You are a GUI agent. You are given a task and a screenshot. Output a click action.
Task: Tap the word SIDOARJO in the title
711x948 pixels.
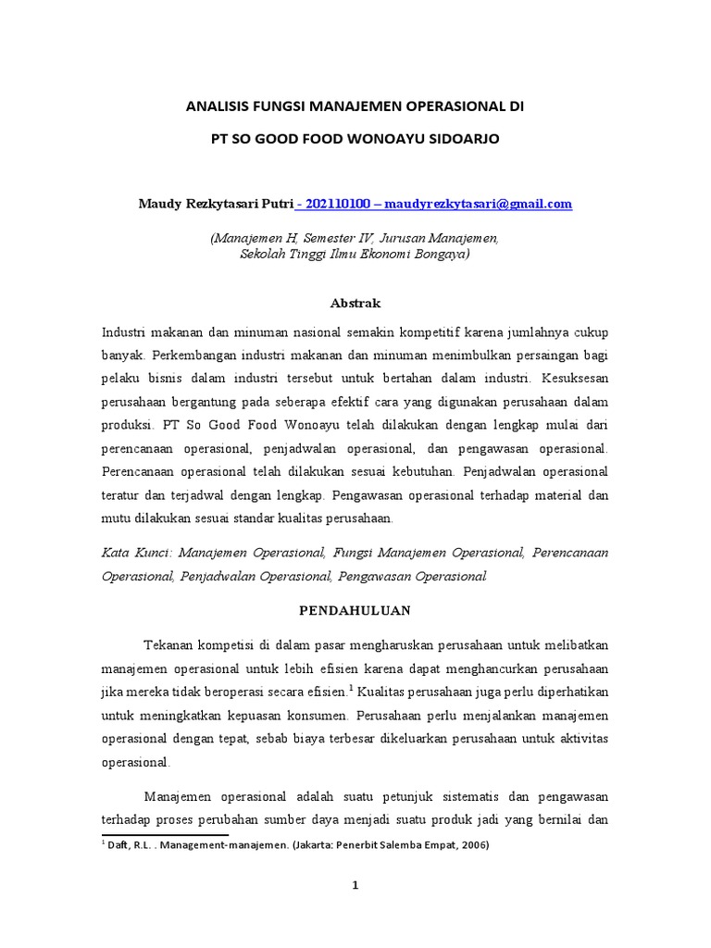(462, 140)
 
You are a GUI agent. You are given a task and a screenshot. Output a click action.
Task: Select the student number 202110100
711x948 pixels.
(337, 204)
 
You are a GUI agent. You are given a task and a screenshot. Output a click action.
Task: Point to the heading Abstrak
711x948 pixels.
(355, 303)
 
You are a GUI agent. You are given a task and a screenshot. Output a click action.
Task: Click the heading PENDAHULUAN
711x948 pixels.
(355, 611)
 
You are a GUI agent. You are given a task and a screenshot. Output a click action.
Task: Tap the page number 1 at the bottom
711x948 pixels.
(355, 885)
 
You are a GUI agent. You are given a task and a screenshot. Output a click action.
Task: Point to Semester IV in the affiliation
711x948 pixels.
(336, 238)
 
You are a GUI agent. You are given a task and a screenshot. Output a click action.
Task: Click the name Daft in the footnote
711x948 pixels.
(118, 846)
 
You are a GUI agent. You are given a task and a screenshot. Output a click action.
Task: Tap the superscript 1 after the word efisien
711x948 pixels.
(352, 687)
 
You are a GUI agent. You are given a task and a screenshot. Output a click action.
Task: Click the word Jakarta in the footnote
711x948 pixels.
(283, 846)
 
